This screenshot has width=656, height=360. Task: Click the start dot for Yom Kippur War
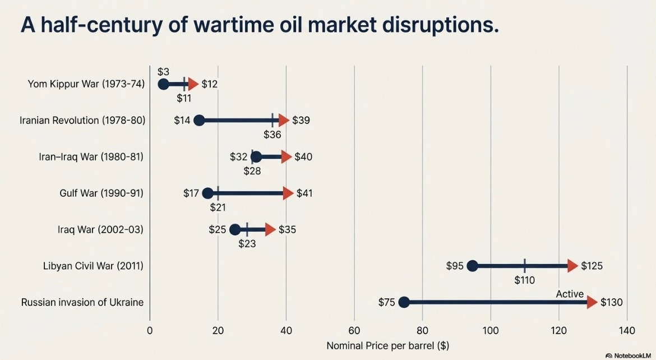point(163,84)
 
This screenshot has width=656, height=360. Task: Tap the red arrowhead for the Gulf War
point(288,193)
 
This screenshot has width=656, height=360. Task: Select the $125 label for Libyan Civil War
point(592,266)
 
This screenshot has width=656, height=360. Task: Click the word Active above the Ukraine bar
point(570,294)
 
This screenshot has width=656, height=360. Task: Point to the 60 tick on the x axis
point(354,330)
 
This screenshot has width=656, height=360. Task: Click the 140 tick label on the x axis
point(627,330)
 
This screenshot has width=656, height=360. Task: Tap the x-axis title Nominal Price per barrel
point(387,345)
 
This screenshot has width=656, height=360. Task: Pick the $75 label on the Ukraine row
point(386,302)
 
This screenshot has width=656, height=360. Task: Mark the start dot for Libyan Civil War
point(472,266)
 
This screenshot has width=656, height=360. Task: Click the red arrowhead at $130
point(592,302)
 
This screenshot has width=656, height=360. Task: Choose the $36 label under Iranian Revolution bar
point(272,135)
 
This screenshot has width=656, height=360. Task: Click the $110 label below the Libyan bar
point(524,280)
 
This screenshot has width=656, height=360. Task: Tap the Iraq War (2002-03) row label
point(100,230)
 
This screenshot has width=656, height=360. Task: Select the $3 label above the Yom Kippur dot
point(163,71)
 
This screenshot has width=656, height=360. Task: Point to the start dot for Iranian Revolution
point(198,121)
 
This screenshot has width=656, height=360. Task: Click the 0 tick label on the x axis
point(150,330)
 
